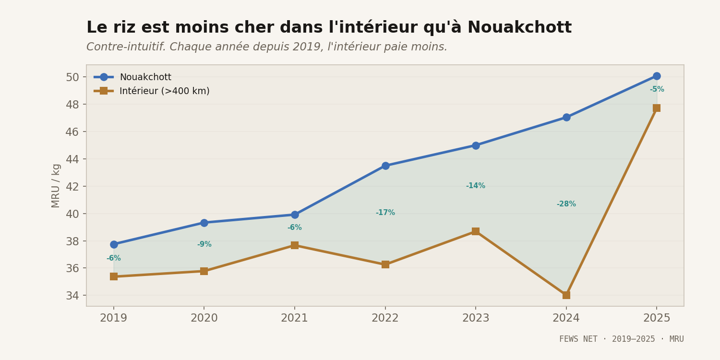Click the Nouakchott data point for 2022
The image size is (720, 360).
point(385,166)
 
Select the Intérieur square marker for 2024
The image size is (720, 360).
point(566,295)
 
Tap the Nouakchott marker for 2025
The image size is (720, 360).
point(657,76)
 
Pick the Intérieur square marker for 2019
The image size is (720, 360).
point(114,276)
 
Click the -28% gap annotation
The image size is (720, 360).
point(566,204)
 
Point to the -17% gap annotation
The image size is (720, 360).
point(385,213)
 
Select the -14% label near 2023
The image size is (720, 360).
point(476,186)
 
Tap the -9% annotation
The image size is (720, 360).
point(204,244)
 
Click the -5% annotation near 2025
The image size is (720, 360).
point(657,89)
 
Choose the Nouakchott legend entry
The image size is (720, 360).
point(145,77)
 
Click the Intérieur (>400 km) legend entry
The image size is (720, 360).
point(164,91)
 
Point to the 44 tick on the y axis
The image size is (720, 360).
point(72,159)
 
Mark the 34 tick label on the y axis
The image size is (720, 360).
point(72,295)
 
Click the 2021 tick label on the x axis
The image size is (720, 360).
point(294,318)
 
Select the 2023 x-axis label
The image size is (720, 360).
point(476,318)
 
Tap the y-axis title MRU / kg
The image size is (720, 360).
point(56,185)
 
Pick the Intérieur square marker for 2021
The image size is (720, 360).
point(294,245)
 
